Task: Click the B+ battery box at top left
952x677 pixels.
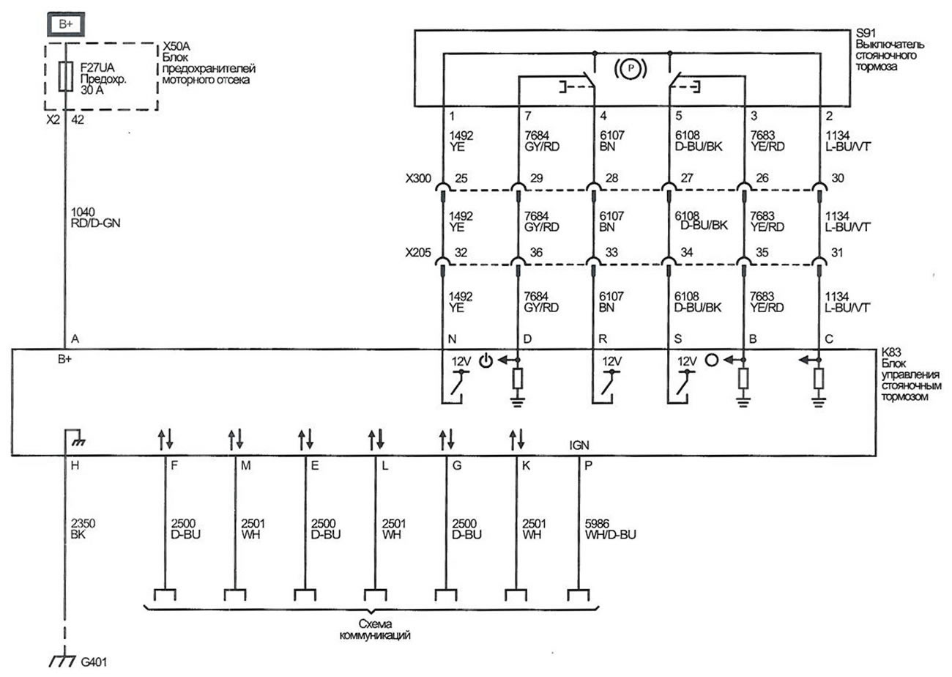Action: coord(65,24)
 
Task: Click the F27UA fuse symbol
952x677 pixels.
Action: coord(65,75)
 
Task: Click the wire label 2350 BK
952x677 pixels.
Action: coord(83,529)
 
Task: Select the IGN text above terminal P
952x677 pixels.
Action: coord(579,445)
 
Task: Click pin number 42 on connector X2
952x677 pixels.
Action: coord(77,119)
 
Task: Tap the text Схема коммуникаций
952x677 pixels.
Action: coord(373,629)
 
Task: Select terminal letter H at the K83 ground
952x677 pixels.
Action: coord(75,465)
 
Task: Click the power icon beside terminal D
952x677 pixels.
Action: coord(487,360)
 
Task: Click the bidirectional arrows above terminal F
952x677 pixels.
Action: coord(165,440)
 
